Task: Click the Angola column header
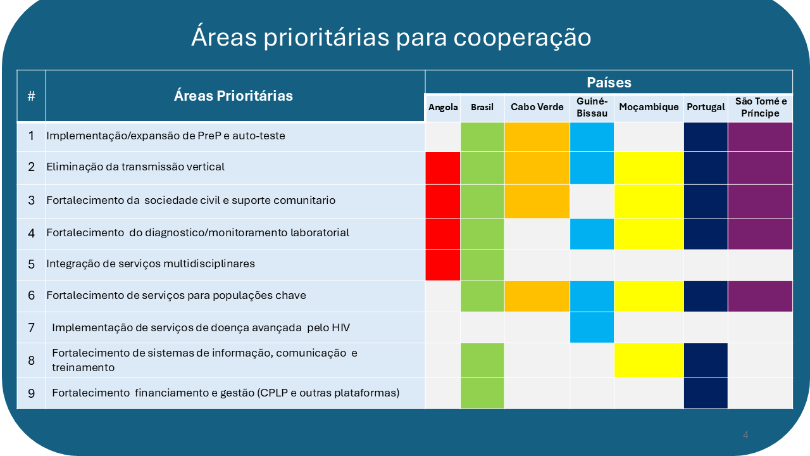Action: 443,107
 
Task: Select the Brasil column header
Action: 482,107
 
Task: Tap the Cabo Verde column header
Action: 537,107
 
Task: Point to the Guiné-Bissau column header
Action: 592,107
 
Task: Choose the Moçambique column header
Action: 649,107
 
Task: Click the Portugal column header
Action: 706,107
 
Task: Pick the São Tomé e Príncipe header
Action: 761,107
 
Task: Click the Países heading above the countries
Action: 609,82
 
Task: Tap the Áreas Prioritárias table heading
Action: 234,96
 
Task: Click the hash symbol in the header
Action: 32,96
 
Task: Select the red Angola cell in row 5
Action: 442,265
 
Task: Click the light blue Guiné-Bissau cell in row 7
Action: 592,327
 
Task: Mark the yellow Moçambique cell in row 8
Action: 649,360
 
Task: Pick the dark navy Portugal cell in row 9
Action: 706,393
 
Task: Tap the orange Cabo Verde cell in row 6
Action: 537,296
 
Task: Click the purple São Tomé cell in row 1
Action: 760,137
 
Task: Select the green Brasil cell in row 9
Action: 482,393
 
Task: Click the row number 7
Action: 32,327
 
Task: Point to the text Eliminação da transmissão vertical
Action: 135,167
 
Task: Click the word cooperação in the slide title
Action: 522,37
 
